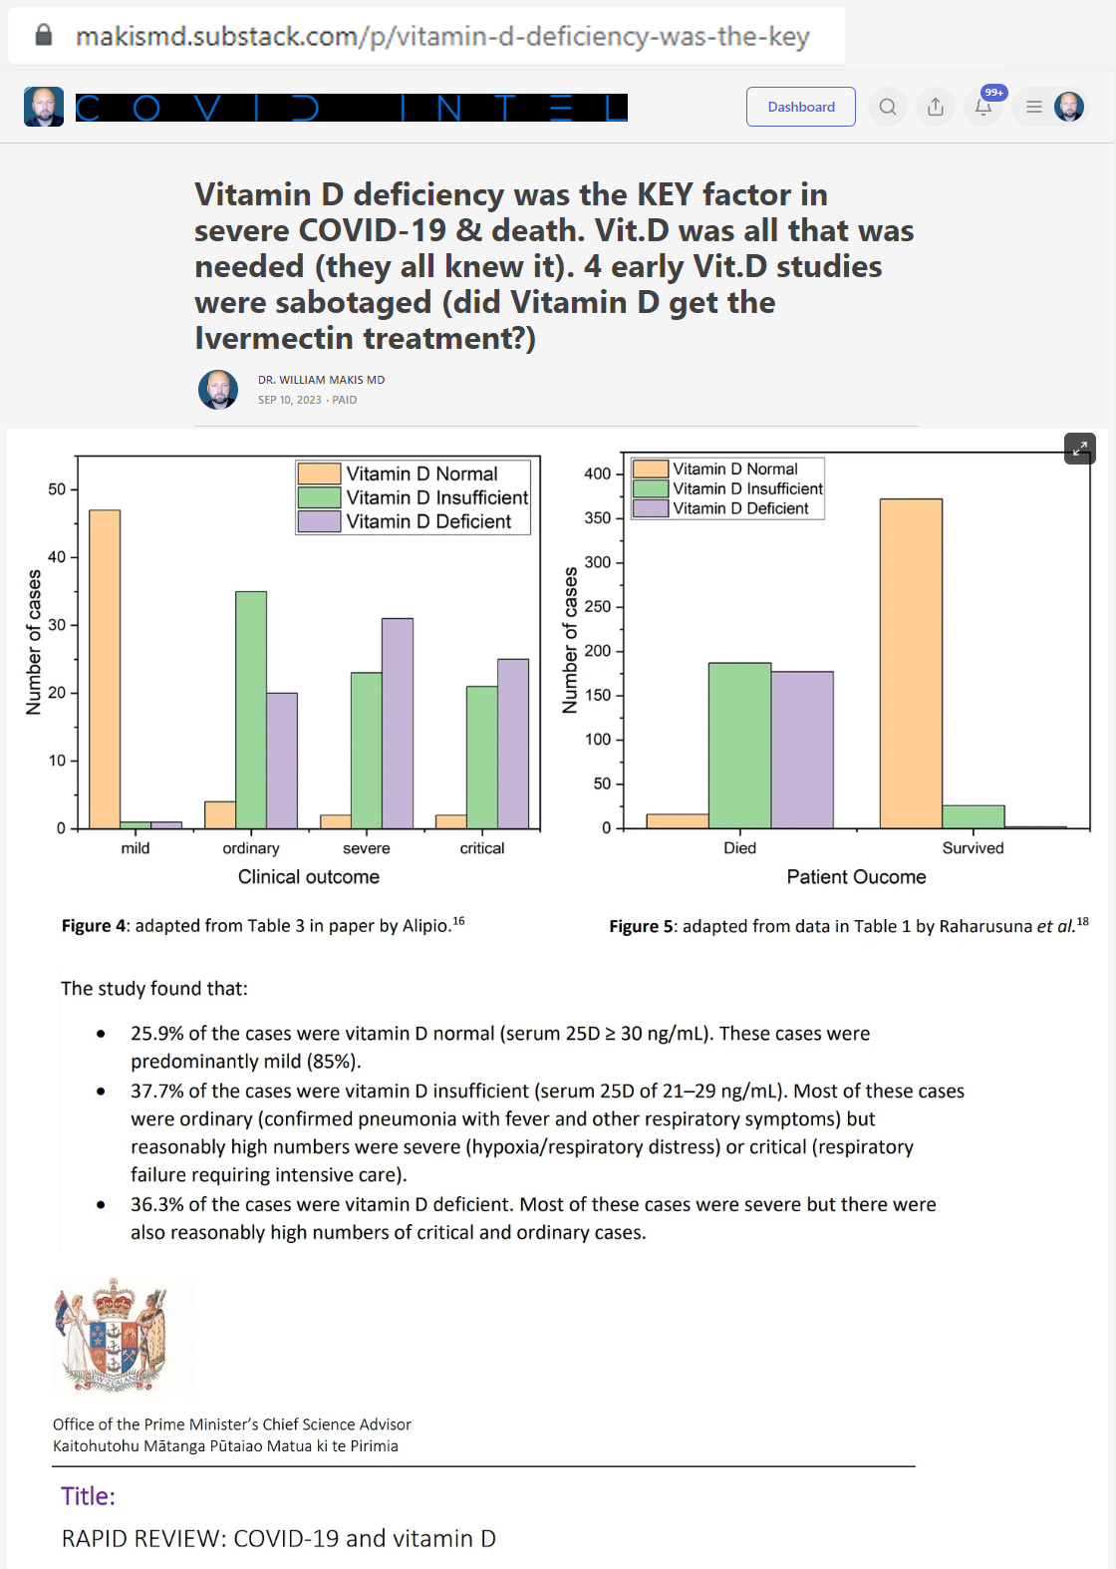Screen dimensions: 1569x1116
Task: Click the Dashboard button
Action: tap(801, 107)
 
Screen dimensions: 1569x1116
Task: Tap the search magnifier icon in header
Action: tap(888, 107)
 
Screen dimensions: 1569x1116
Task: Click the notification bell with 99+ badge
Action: tap(983, 107)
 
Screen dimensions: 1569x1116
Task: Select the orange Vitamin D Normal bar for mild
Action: tap(105, 668)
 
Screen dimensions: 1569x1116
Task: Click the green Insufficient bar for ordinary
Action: tap(251, 709)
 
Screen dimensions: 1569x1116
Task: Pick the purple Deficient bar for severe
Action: tap(398, 723)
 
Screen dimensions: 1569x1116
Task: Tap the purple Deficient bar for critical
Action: tap(513, 743)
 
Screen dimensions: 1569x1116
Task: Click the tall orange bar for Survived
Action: tap(911, 663)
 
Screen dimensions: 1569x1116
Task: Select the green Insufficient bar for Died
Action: tap(739, 745)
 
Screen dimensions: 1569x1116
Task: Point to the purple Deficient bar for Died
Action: tap(802, 750)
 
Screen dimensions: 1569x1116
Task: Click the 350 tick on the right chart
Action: tap(597, 518)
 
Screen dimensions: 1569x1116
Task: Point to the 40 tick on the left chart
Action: tap(57, 557)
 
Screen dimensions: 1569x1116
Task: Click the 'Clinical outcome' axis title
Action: tap(309, 877)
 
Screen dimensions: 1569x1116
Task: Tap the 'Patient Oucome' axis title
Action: tap(856, 877)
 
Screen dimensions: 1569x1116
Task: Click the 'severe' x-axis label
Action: tap(367, 848)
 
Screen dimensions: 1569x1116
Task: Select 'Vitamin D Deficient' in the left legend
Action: tap(427, 521)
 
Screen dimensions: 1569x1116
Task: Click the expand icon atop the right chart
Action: tap(1080, 449)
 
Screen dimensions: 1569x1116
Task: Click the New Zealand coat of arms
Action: tap(112, 1335)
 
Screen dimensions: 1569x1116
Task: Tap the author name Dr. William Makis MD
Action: tap(321, 380)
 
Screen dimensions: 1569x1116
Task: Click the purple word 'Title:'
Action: tap(88, 1496)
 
